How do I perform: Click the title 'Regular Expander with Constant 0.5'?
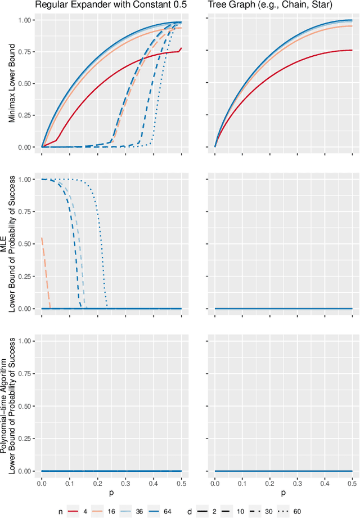coord(111,6)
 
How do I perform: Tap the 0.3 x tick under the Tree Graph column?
coord(297,484)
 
